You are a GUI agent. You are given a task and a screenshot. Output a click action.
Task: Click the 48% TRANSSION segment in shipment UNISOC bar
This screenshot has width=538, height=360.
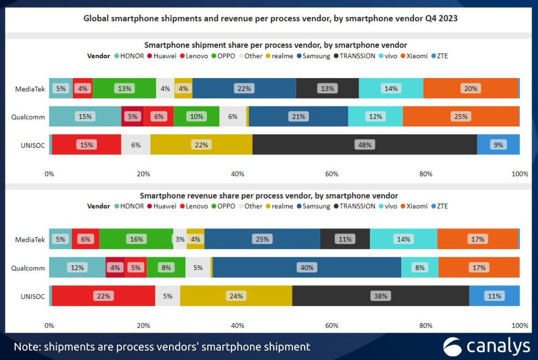[x=364, y=145]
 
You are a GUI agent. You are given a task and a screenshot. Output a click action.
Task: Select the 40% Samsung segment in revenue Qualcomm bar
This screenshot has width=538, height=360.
[x=307, y=268]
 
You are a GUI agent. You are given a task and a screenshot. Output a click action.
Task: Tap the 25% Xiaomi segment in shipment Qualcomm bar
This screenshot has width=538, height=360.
[x=461, y=117]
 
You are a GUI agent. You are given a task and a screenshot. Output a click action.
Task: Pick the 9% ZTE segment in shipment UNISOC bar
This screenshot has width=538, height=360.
[x=498, y=145]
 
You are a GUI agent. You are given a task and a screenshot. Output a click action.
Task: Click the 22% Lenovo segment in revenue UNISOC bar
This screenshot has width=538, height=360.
[x=104, y=296]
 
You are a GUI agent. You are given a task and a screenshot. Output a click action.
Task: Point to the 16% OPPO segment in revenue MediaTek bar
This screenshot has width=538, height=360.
[x=136, y=239]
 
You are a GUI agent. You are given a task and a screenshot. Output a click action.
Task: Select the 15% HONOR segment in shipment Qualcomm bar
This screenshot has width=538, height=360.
[x=85, y=117]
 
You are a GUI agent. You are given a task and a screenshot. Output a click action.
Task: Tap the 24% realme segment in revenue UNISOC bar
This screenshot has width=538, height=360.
[x=236, y=296]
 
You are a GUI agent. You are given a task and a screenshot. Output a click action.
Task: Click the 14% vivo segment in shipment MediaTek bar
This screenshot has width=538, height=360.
[x=391, y=88]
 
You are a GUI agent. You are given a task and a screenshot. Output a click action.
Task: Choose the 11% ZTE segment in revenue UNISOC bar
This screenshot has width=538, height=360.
[x=495, y=296]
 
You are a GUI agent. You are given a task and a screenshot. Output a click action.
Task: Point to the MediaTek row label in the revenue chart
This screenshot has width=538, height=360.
[x=30, y=239]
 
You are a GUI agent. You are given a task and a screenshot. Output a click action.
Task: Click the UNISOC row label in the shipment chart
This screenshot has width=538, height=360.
[x=33, y=145]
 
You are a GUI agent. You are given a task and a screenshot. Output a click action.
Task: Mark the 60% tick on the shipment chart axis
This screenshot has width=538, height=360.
[x=332, y=174]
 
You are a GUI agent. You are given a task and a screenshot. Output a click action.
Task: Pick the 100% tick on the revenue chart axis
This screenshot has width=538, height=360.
[x=520, y=325]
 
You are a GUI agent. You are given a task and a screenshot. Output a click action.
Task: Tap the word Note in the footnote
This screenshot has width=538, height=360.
[x=27, y=347]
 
